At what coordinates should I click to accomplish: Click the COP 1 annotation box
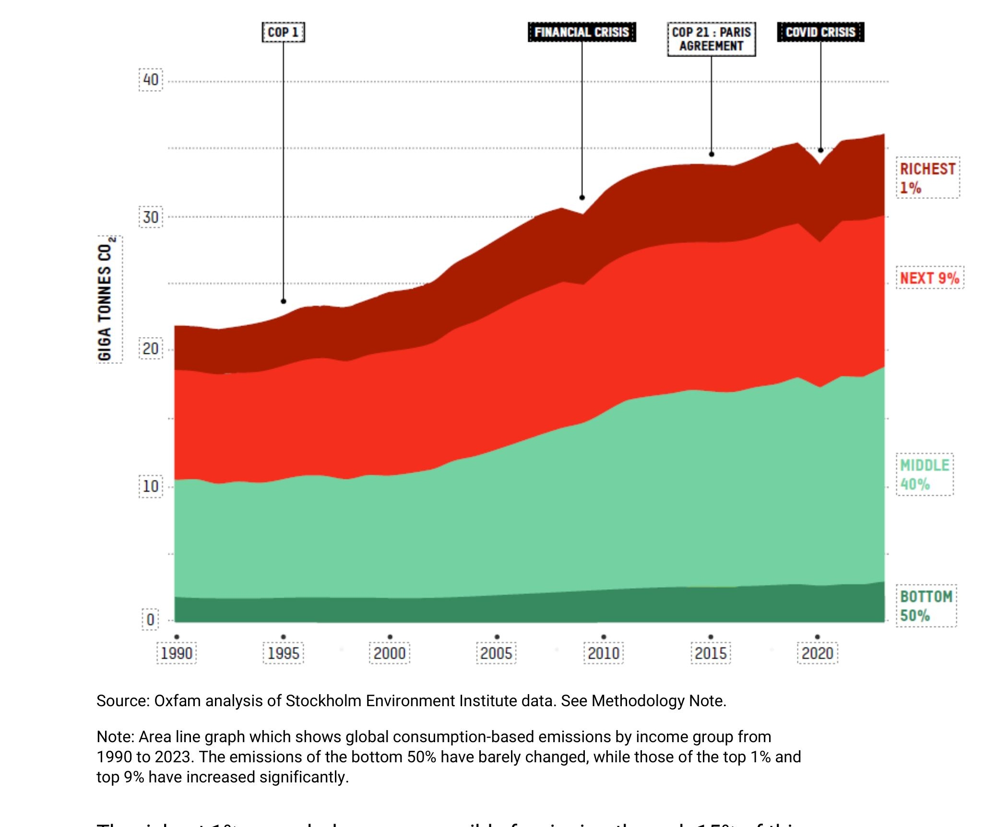[x=283, y=32]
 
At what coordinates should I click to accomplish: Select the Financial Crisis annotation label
[x=582, y=32]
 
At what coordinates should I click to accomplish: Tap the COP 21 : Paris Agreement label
[x=711, y=39]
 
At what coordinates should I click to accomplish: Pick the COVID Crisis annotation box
[x=820, y=32]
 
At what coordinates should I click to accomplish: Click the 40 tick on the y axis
[x=151, y=80]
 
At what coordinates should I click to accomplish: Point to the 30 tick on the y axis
[x=151, y=217]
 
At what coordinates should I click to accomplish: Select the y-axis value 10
[x=151, y=487]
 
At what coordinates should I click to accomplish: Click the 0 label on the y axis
[x=150, y=619]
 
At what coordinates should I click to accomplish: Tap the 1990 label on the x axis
[x=177, y=653]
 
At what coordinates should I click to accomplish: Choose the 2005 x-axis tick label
[x=497, y=653]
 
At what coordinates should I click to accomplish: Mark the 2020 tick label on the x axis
[x=818, y=653]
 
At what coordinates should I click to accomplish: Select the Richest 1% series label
[x=927, y=178]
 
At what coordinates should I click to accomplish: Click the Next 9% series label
[x=929, y=278]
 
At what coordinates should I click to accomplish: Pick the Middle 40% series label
[x=925, y=475]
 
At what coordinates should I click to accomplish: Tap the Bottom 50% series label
[x=926, y=606]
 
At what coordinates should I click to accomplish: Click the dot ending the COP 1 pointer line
[x=284, y=301]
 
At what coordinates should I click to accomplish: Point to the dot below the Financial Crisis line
[x=582, y=198]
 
